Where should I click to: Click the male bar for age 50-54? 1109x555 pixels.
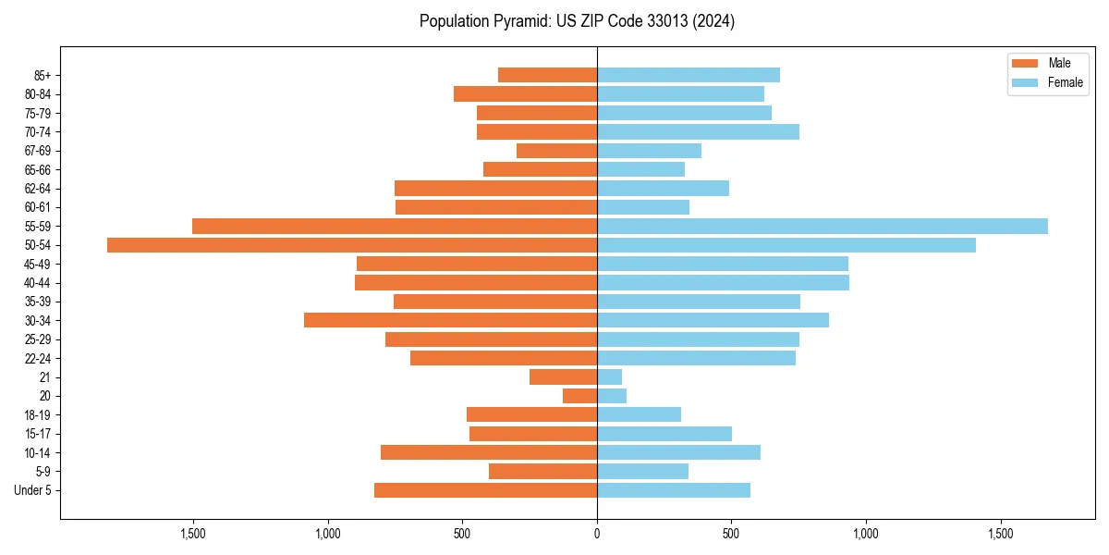pos(352,245)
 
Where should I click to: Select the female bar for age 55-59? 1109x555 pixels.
pos(823,227)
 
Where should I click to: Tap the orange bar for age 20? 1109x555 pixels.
pos(580,396)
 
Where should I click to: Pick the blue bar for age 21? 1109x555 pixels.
pos(610,377)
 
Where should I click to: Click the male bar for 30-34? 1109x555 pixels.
pos(451,320)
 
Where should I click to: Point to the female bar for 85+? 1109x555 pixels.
pos(689,75)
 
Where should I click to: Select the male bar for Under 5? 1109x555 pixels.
pos(486,490)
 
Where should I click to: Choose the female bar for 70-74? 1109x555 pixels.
pos(698,132)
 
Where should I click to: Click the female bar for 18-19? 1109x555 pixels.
pos(640,414)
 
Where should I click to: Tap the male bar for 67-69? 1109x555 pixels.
pos(557,151)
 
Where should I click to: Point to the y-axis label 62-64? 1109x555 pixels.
pos(38,189)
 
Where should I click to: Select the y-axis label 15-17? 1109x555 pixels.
pos(38,434)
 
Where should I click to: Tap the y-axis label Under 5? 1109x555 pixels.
pos(32,490)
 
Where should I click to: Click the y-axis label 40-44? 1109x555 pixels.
pos(38,283)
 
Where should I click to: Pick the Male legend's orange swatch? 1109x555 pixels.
pos(1025,63)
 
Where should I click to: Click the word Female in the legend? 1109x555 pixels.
pos(1066,82)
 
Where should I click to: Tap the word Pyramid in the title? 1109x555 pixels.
pos(519,21)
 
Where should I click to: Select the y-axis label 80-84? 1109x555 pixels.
pos(38,94)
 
